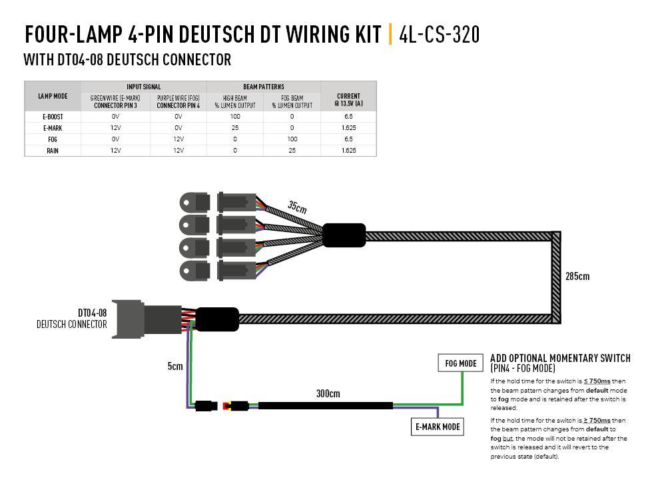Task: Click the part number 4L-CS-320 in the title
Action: pos(439,34)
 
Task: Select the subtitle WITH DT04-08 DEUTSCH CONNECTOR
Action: pos(127,60)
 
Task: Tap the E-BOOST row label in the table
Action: pos(53,116)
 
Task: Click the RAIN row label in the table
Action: pos(53,151)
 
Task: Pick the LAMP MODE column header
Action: pos(53,96)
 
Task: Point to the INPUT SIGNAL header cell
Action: pos(143,87)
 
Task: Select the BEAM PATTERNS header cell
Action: pos(263,87)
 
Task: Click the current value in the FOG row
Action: pos(348,139)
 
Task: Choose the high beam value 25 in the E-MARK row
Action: pos(235,128)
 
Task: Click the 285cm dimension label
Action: pos(577,275)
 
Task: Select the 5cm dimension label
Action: pos(175,365)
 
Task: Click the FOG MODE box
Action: pos(460,363)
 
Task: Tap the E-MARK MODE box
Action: pos(437,427)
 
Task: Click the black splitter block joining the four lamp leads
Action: pos(344,235)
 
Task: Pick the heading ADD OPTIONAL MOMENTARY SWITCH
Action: pos(559,358)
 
